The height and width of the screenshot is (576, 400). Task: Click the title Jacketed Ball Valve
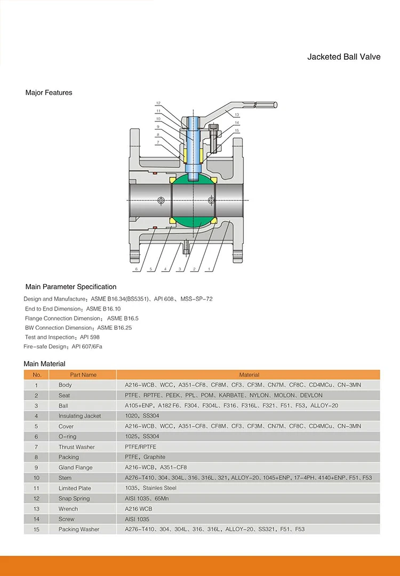343,56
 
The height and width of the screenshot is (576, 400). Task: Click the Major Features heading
49,93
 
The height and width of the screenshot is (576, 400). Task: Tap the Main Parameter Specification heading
70,287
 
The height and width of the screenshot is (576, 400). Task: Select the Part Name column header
83,375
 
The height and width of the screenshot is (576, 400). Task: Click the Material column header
249,375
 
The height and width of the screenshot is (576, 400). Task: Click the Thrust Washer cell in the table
76,447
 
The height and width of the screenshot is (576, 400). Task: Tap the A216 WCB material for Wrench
137,509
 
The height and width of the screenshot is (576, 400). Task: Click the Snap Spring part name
74,498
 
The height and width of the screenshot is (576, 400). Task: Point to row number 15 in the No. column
36,529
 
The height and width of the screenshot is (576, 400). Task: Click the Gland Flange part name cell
75,467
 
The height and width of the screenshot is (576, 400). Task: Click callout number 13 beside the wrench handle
237,115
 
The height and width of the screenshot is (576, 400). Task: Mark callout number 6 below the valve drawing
136,270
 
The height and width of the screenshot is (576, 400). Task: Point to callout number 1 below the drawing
210,270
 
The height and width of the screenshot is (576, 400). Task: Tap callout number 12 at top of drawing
158,103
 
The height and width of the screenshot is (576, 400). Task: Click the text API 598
90,337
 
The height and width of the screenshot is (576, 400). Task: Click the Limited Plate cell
75,488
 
